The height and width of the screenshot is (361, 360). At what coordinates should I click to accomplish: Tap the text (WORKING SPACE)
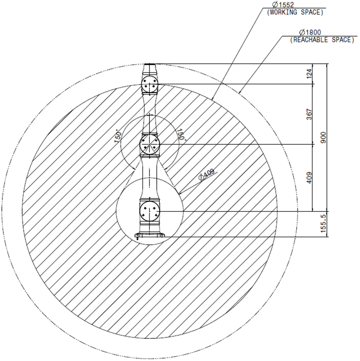pyautogui.click(x=295, y=12)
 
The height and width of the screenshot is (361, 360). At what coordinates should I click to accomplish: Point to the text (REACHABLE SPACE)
pyautogui.click(x=322, y=40)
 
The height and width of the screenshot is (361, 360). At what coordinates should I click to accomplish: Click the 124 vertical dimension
pyautogui.click(x=310, y=74)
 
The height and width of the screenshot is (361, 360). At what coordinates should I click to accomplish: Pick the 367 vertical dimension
pyautogui.click(x=310, y=114)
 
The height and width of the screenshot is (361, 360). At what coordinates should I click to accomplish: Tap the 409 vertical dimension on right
pyautogui.click(x=310, y=178)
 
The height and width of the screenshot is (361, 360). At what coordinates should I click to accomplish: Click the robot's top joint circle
pyautogui.click(x=149, y=84)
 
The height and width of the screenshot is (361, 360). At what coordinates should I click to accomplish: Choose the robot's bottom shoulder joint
pyautogui.click(x=149, y=211)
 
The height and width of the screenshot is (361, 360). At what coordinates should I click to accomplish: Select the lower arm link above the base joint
pyautogui.click(x=149, y=179)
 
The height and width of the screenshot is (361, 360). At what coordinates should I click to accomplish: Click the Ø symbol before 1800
pyautogui.click(x=302, y=33)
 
